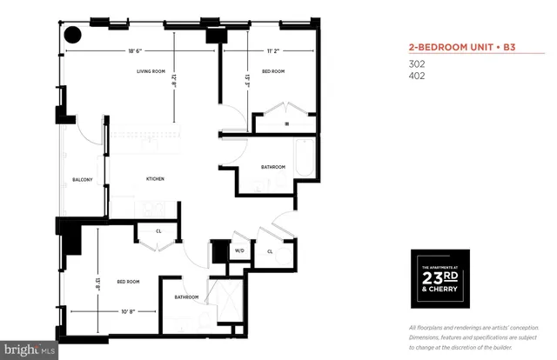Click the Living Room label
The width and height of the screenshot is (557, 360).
(151, 71)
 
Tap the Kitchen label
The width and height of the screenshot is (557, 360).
(155, 179)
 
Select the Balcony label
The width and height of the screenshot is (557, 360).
(82, 179)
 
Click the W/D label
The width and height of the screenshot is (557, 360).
(238, 251)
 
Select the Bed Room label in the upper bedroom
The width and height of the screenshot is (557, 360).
(272, 71)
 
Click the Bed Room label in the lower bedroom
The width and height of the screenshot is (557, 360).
(128, 282)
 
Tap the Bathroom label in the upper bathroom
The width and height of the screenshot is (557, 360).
(273, 167)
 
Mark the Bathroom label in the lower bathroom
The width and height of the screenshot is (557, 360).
(186, 297)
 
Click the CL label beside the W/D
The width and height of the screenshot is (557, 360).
(270, 251)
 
